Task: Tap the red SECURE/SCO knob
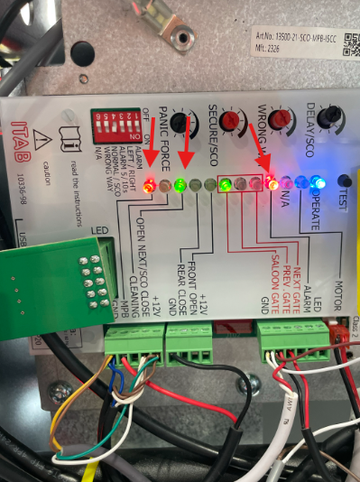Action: point(231,119)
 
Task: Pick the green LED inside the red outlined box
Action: point(226,185)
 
